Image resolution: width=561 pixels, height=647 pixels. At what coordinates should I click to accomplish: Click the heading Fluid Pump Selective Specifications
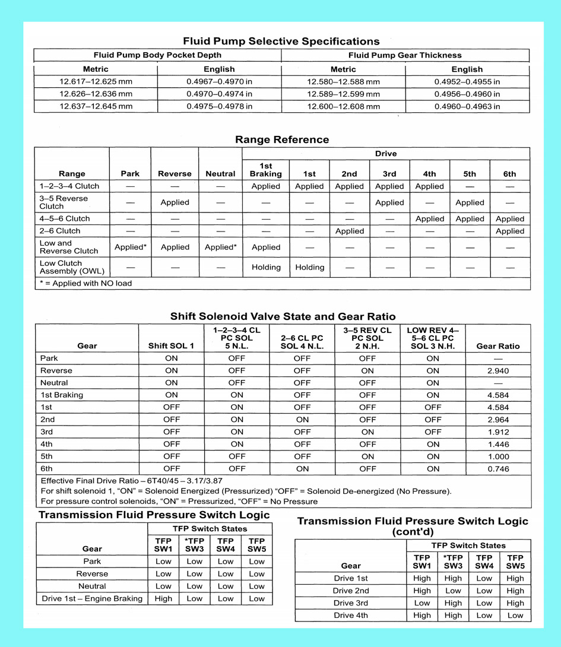281,42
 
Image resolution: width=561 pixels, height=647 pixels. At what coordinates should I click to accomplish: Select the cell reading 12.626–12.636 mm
96,94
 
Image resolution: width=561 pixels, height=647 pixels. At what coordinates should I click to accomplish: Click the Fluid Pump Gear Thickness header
405,55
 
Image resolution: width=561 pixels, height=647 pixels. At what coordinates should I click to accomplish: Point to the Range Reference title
282,140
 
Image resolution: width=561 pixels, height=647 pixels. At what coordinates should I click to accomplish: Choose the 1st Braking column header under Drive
266,170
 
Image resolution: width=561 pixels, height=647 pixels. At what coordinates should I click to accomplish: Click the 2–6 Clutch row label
60,231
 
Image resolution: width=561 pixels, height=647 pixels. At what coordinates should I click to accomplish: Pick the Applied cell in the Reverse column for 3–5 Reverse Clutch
175,202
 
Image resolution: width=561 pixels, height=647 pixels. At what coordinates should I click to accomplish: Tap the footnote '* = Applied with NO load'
86,283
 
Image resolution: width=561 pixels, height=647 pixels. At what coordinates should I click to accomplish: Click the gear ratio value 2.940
497,370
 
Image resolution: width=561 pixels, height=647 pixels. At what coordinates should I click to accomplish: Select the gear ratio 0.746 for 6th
497,469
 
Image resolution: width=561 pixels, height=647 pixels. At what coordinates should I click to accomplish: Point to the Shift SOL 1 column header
171,346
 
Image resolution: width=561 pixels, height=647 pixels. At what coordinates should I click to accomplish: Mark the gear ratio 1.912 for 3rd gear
497,432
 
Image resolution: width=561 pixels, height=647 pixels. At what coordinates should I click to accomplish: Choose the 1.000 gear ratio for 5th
497,456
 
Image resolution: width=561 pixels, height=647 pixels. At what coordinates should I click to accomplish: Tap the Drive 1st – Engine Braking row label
92,598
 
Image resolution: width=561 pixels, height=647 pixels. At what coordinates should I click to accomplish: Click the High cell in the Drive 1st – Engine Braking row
163,598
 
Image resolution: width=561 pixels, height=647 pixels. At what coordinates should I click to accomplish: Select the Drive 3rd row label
350,603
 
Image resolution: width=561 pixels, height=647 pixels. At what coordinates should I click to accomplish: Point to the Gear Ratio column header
497,346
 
